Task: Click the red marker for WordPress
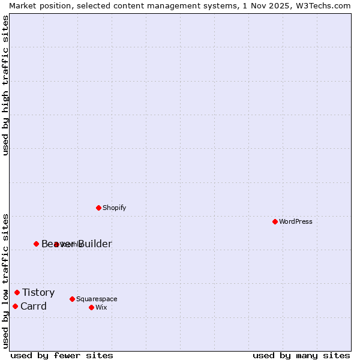click(x=275, y=221)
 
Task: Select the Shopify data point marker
click(x=98, y=208)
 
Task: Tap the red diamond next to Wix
click(x=91, y=307)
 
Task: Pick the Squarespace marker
click(x=72, y=299)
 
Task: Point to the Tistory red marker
click(x=17, y=292)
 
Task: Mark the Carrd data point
click(x=15, y=306)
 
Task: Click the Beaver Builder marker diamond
click(x=36, y=244)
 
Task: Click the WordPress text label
click(x=296, y=221)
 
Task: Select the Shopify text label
click(x=114, y=208)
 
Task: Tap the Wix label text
click(x=101, y=307)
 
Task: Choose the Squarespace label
click(x=97, y=299)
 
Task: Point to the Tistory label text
click(x=38, y=292)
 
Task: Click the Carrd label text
click(x=33, y=306)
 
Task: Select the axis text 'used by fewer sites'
click(x=62, y=355)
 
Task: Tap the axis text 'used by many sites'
click(x=301, y=355)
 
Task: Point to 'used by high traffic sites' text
click(x=5, y=85)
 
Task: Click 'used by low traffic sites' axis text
click(x=5, y=280)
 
